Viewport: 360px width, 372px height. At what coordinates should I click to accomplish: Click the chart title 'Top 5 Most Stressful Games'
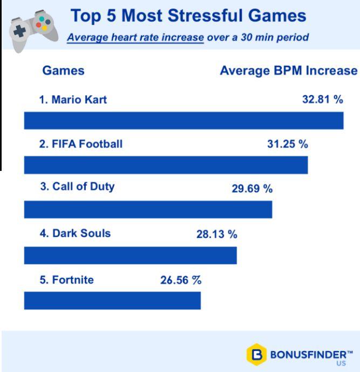188,16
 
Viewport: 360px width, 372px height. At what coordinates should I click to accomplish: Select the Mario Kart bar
184,121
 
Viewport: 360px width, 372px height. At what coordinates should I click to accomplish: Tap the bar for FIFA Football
166,165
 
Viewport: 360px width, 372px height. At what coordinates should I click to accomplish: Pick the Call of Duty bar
148,210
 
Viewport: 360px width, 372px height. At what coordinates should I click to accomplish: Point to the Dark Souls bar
131,255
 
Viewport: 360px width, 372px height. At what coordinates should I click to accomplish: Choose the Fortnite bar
112,301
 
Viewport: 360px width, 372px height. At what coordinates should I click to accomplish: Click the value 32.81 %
323,99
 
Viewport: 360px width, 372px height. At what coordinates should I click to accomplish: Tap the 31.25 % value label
288,144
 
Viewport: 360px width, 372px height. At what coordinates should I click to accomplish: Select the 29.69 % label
252,189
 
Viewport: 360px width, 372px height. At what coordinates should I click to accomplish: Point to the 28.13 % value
217,234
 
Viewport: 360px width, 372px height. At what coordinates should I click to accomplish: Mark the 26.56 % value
181,280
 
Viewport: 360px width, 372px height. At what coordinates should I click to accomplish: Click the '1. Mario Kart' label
73,100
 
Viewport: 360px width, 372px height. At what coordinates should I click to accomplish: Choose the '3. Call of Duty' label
77,187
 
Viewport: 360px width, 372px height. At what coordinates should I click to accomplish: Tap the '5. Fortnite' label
66,280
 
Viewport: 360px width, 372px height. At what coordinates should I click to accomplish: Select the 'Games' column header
63,71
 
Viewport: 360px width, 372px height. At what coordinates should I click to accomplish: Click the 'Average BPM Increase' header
289,71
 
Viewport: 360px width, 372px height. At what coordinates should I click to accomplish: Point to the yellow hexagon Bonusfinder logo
256,354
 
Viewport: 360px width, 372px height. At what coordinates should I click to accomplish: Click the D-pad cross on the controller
19,31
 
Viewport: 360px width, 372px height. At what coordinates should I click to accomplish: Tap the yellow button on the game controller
44,28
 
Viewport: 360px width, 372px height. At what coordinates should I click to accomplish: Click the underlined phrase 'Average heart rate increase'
135,38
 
